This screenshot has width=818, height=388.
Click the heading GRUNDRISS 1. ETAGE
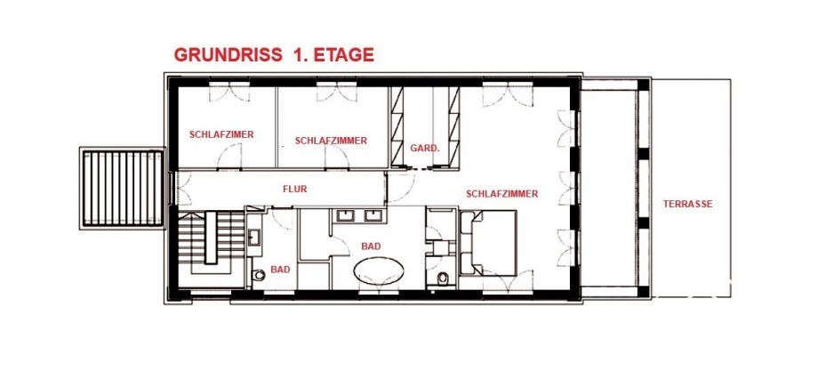click(274, 55)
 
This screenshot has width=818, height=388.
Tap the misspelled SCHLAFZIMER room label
click(221, 134)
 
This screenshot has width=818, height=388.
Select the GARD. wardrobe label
click(425, 149)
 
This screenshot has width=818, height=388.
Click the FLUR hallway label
click(295, 189)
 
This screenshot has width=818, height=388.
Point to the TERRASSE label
click(687, 204)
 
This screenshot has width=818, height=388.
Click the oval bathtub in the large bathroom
click(378, 271)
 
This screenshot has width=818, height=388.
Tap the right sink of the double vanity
click(373, 215)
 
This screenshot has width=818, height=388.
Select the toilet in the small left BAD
click(257, 275)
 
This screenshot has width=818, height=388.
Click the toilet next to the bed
click(443, 278)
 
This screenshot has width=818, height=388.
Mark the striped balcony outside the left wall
click(123, 188)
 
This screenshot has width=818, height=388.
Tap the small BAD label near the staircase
click(280, 270)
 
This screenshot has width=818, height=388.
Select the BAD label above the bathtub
click(371, 246)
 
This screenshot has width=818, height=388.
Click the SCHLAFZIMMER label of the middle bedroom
click(331, 141)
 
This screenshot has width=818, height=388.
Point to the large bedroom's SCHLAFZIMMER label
click(501, 194)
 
